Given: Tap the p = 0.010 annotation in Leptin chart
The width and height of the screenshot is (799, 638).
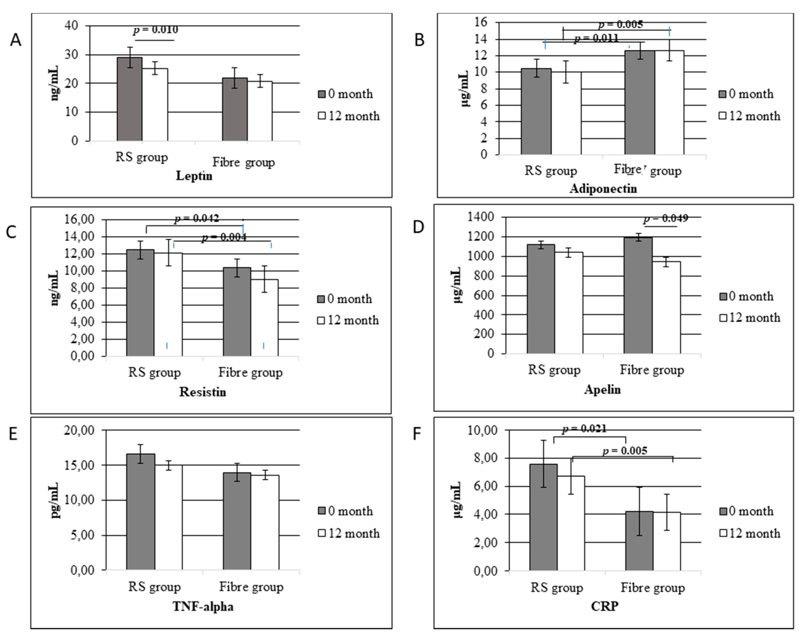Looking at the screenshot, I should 156,30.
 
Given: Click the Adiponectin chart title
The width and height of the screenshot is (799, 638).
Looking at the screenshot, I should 603,189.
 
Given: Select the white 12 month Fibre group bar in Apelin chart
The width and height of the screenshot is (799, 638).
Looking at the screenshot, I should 666,308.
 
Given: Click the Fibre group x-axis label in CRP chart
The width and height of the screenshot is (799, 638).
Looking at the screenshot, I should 653,588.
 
